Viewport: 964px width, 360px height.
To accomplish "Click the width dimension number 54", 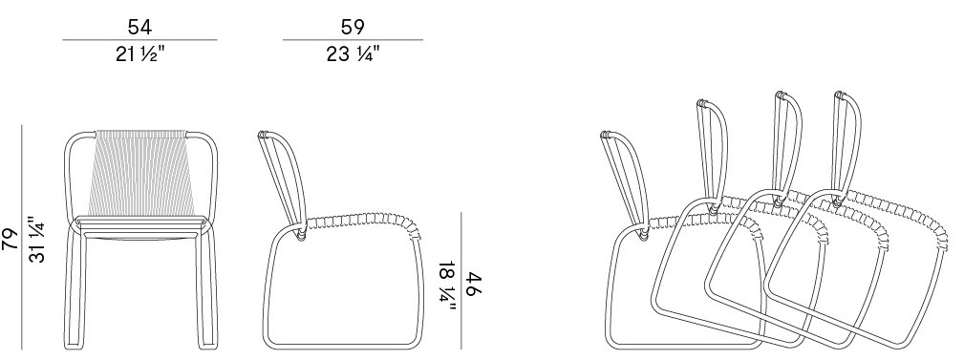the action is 139,27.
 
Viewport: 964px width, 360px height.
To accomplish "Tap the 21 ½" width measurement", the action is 140,54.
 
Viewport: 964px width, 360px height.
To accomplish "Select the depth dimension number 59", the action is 353,27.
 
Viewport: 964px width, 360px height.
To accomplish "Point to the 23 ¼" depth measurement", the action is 353,54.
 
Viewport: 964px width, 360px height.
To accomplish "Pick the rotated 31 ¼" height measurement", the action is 37,239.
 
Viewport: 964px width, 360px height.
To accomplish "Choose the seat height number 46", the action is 473,285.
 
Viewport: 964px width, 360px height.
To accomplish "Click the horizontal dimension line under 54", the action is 139,40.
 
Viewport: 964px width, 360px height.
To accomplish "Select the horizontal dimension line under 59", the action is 353,40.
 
